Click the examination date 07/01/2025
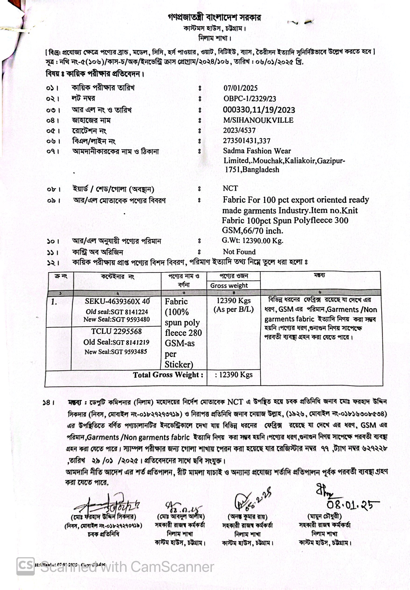pos(240,88)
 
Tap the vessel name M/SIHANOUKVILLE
pos(258,120)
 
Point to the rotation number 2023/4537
pos(239,130)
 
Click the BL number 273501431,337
pos(246,141)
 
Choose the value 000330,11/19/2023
pos(259,110)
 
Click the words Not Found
pos(239,252)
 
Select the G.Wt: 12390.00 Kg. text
pos(252,241)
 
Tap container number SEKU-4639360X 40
pos(117,301)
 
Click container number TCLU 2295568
pos(116,331)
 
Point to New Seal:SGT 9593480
pos(116,320)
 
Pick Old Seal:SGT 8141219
pos(116,342)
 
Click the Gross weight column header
pos(229,285)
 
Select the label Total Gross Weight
pos(168,375)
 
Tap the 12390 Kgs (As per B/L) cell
pos(233,305)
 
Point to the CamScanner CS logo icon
pos(25,566)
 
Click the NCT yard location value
pos(230,188)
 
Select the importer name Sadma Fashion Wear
pos(257,151)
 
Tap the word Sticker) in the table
pos(179,364)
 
